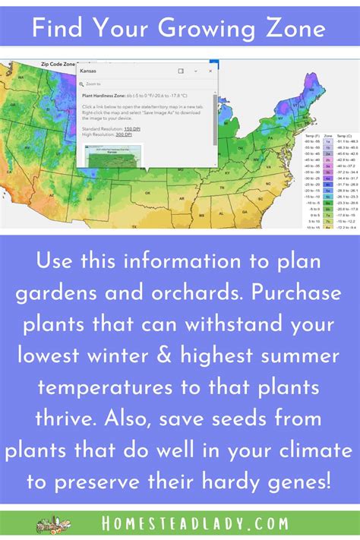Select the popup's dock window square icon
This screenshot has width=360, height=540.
point(181,70)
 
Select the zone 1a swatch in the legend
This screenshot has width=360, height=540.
point(327,141)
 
